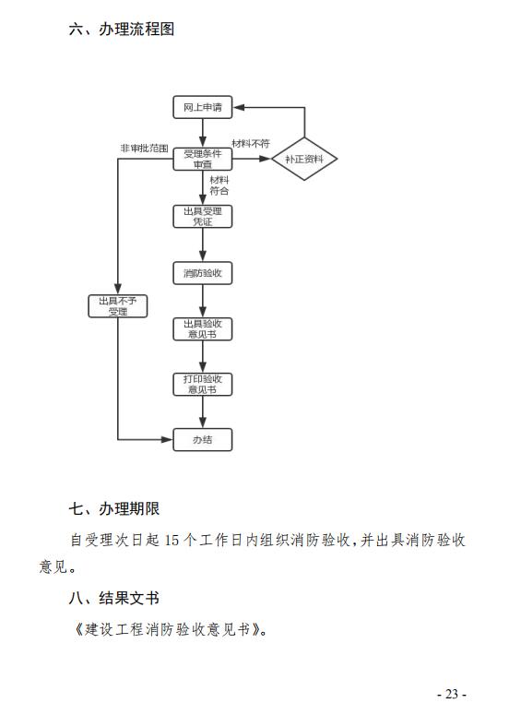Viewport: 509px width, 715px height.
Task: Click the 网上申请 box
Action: pos(202,107)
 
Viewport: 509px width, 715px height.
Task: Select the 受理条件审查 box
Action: pos(202,159)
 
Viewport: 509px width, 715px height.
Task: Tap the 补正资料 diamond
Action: pos(304,159)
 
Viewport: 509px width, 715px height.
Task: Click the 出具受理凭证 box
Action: pos(202,217)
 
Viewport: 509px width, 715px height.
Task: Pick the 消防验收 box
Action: pos(202,273)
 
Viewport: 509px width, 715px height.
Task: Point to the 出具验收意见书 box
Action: pos(202,328)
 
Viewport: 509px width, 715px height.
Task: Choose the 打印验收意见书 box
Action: pos(202,385)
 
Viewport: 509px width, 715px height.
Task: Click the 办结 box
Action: pos(202,439)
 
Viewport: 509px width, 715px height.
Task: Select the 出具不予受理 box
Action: pos(117,306)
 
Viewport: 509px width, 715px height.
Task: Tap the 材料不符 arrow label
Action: pos(251,143)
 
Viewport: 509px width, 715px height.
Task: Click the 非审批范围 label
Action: pos(144,149)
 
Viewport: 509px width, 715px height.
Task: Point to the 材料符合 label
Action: pos(219,185)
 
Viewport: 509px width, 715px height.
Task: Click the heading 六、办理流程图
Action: pos(122,29)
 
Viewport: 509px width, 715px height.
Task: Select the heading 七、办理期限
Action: pos(114,508)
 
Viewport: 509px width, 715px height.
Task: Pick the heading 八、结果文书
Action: pos(114,598)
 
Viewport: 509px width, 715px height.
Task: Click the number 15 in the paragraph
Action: pos(172,541)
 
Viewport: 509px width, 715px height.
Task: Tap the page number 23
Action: pos(452,694)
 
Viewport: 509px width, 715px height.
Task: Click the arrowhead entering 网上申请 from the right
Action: pos(238,107)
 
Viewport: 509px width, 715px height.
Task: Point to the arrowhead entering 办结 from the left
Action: pos(167,439)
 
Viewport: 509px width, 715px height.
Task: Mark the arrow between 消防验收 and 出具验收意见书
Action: pos(202,301)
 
